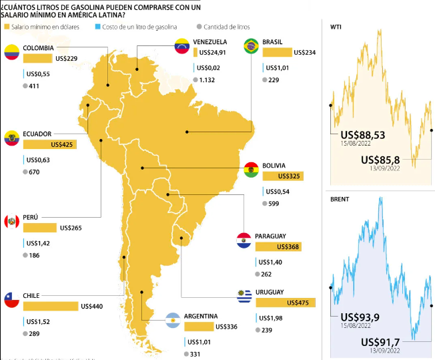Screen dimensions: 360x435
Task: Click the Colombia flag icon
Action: (12, 53)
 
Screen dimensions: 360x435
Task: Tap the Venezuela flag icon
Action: (181, 47)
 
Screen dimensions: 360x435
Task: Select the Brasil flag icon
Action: (252, 46)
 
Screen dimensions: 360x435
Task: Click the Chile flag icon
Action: (12, 301)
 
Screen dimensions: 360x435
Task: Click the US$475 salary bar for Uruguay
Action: (286, 303)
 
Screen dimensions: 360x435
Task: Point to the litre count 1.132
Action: (209, 80)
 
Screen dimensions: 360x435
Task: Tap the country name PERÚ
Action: (31, 217)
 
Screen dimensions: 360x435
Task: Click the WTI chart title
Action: (337, 27)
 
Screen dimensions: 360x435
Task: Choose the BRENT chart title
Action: (340, 199)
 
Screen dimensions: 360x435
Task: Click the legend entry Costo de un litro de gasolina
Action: (138, 27)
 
